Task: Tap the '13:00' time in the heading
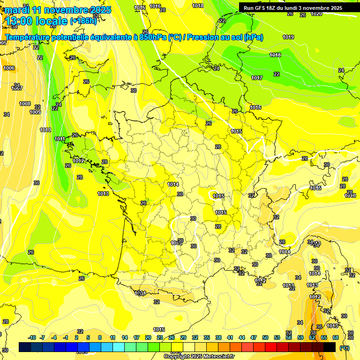coord(20,21)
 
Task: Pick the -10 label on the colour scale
coord(32,338)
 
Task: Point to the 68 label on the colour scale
coord(336,338)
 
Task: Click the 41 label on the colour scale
coord(230,338)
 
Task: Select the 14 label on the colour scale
coord(125,338)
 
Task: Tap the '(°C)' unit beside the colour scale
coord(345,347)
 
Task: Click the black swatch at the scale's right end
coord(330,347)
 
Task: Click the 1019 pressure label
coord(288,37)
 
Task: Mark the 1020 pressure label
coord(316,14)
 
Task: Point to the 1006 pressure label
coord(9,68)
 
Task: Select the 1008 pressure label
coord(25,104)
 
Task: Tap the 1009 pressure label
coord(35,112)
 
